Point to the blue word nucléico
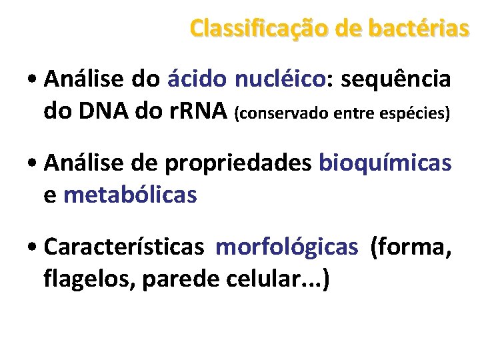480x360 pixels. pos(280,79)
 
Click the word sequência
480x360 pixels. pos(396,79)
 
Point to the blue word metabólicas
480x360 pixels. pos(130,195)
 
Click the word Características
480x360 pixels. pos(123,247)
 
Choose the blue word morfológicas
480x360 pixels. pos(287,247)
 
